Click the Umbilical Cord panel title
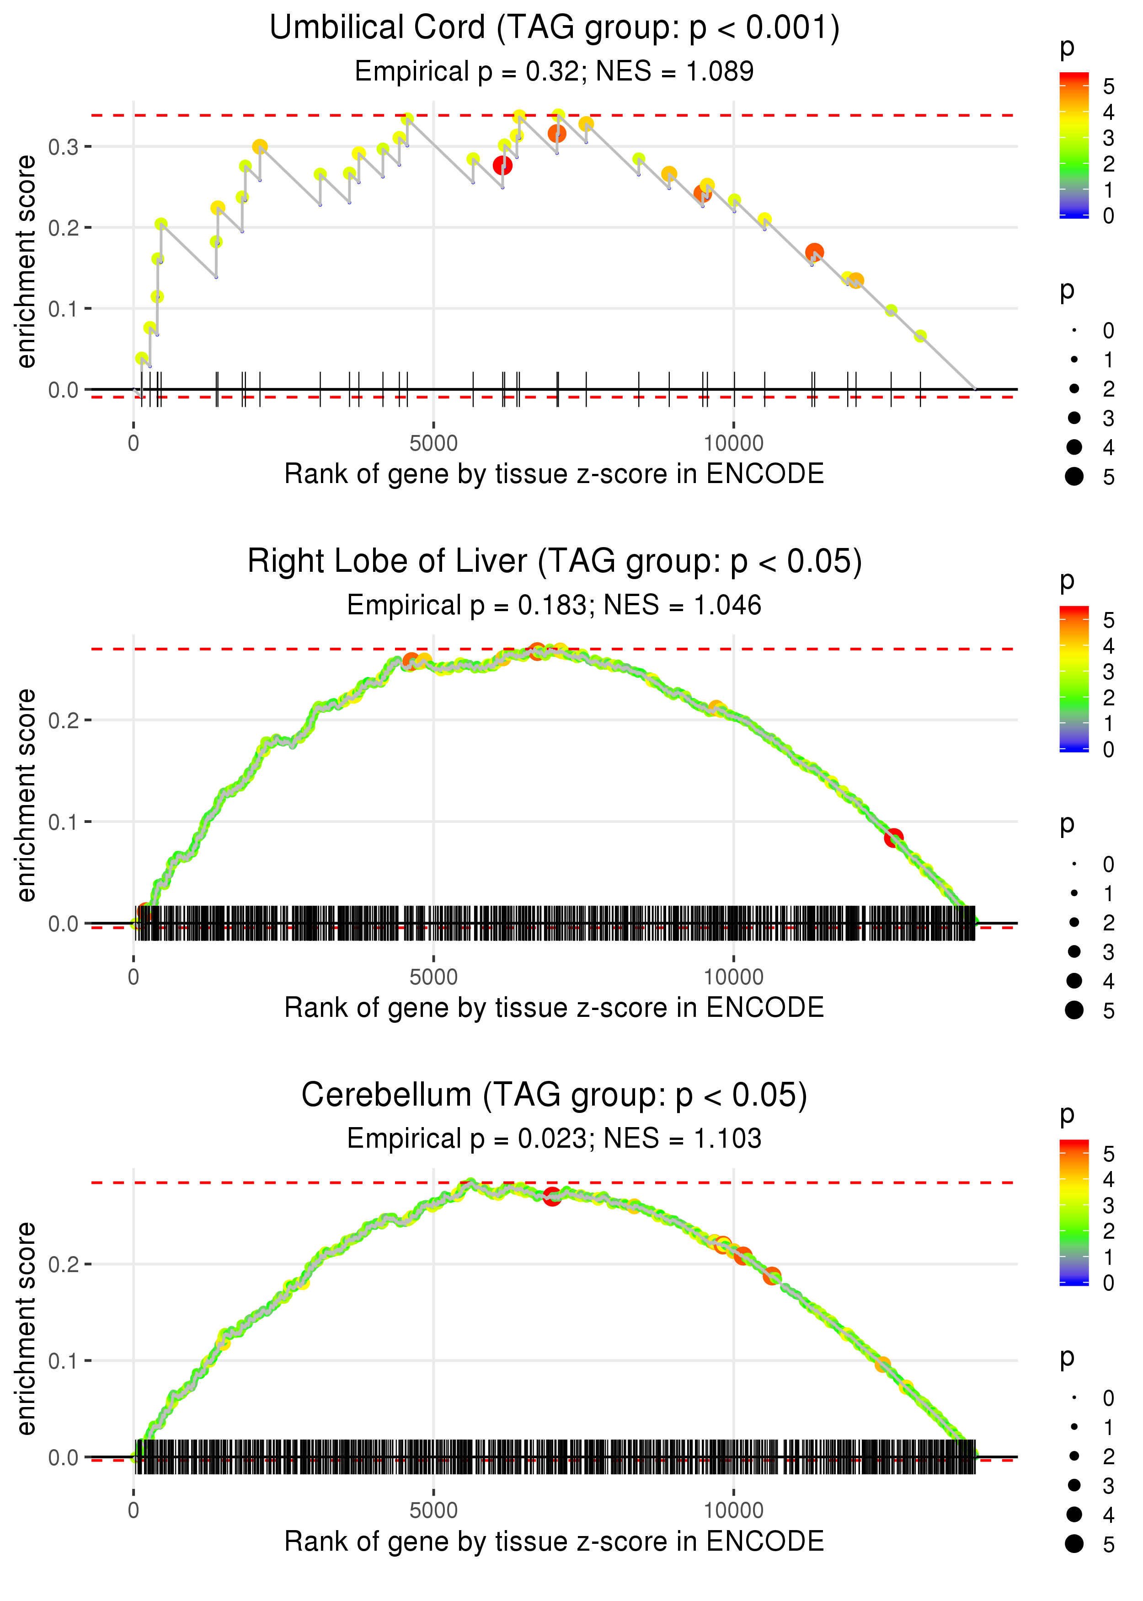[555, 28]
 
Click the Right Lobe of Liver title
[555, 562]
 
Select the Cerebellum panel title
[555, 1096]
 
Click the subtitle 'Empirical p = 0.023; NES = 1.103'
[555, 1139]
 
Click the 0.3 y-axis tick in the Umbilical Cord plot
[63, 147]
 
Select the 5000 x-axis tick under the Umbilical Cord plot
[433, 444]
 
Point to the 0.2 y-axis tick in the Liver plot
[63, 720]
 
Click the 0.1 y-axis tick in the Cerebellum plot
[63, 1361]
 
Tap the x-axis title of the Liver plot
[555, 1008]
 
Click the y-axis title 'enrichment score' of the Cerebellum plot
[26, 1328]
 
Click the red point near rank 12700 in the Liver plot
[894, 838]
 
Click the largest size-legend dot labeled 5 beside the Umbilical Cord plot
[1074, 477]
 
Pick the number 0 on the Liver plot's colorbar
[1109, 750]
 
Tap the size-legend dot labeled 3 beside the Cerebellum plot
[1074, 1485]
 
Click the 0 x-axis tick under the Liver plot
[134, 977]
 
